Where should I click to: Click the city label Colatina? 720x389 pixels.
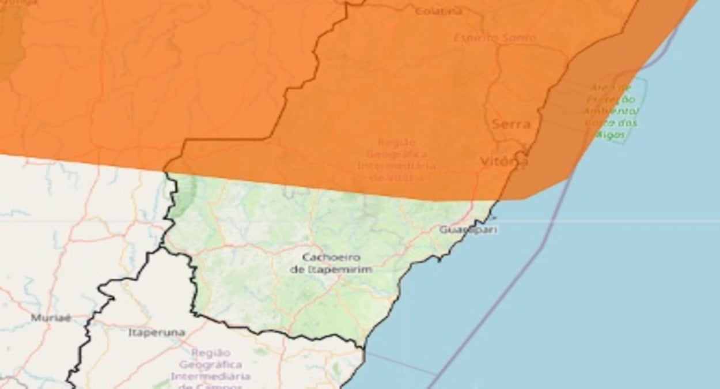click(438, 11)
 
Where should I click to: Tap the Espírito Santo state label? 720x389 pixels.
click(495, 38)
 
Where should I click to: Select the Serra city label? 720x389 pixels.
click(511, 124)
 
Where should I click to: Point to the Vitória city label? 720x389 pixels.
click(503, 162)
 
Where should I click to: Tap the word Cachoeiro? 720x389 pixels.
click(331, 257)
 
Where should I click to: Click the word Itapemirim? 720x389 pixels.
click(339, 269)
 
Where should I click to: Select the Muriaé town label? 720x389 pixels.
click(51, 318)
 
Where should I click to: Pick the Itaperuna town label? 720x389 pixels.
click(157, 333)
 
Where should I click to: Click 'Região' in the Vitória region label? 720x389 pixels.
click(397, 142)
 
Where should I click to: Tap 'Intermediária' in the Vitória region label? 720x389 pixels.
click(397, 166)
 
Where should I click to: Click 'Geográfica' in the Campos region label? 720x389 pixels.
click(210, 365)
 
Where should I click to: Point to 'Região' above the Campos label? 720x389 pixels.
click(211, 353)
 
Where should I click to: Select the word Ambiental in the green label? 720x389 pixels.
click(611, 111)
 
